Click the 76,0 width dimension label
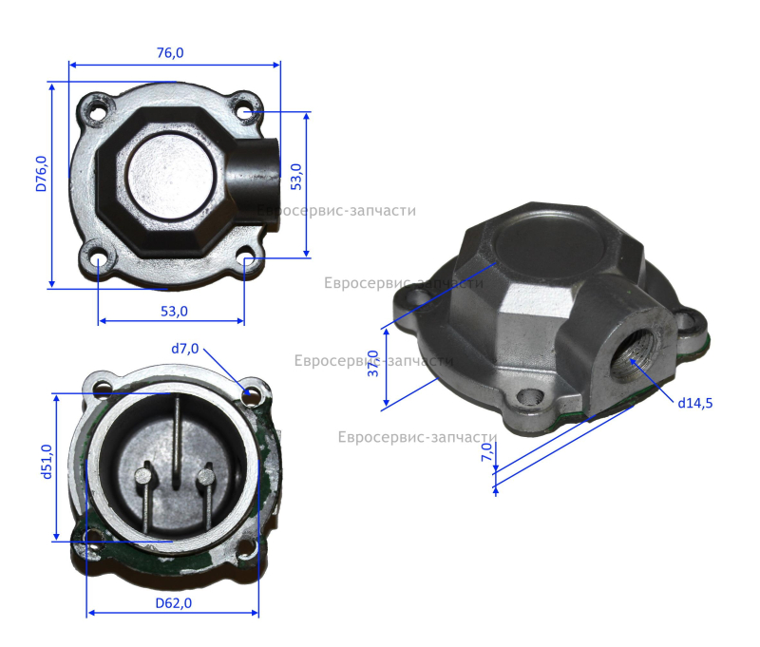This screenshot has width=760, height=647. point(170,52)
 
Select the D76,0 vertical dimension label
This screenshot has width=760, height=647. point(42,174)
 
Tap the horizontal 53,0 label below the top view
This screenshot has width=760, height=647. point(174,311)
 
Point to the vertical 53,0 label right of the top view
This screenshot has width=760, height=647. point(296,177)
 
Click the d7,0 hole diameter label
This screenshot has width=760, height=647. point(184,349)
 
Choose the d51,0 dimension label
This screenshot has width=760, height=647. point(47,462)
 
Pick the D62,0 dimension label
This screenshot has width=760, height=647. point(174,603)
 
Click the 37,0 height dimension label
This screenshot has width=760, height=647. point(372,364)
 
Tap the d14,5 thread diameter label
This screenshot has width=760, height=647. point(695,403)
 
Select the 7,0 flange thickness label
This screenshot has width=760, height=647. point(487,452)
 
